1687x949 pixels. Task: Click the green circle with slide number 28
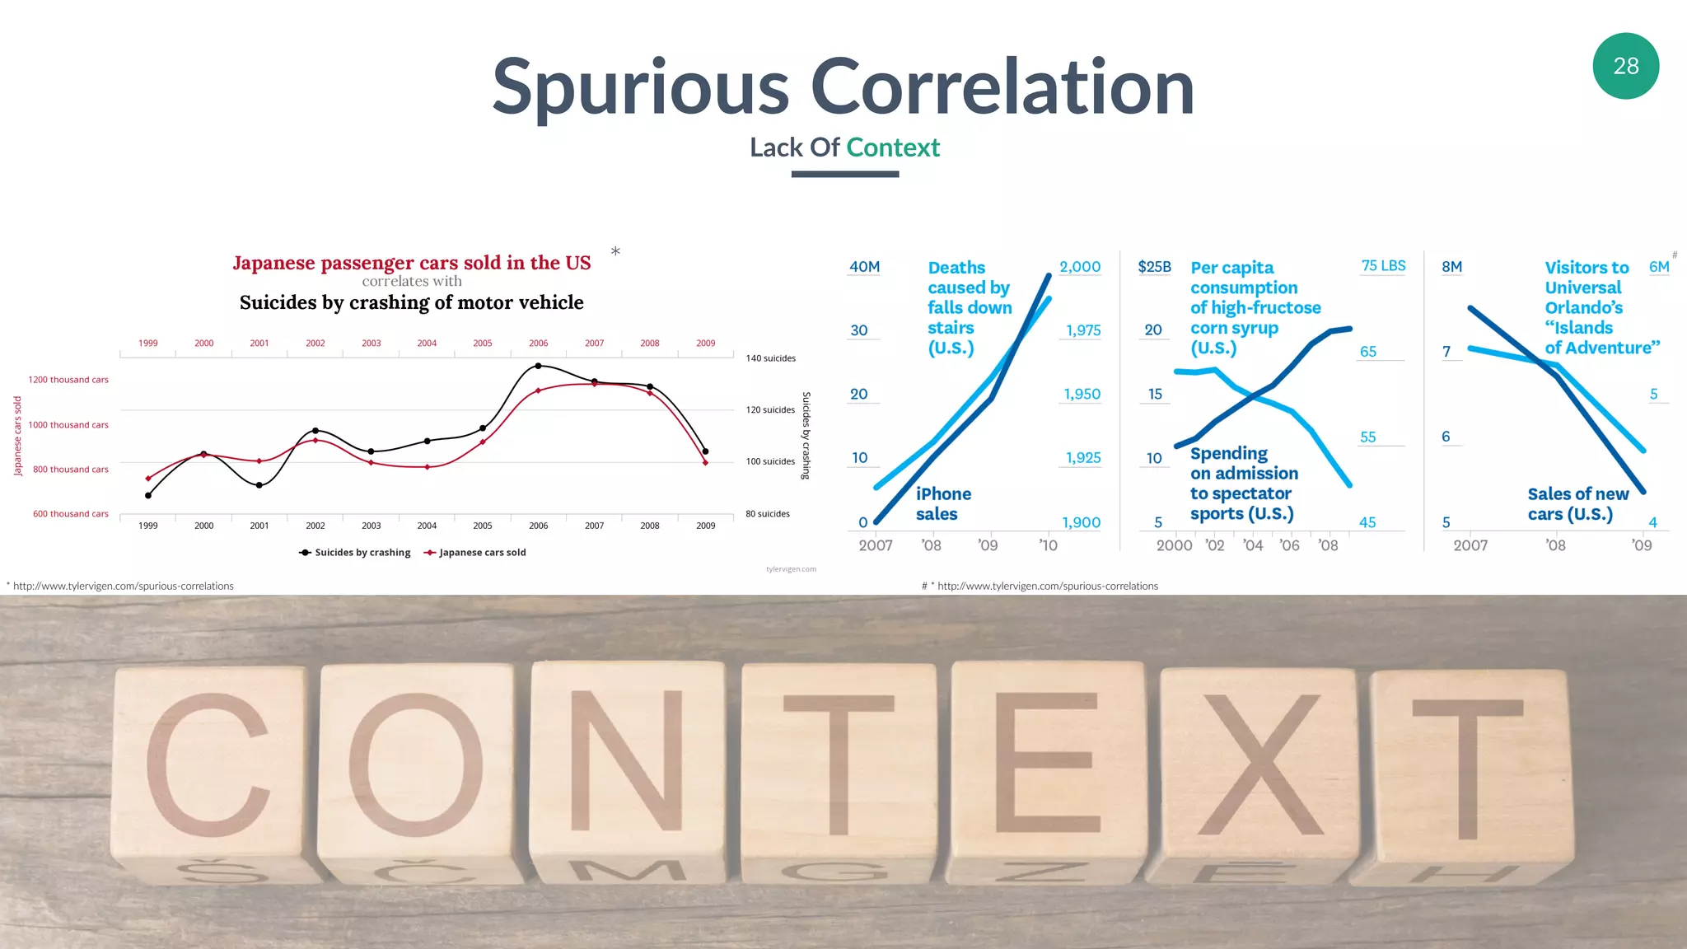pyautogui.click(x=1625, y=66)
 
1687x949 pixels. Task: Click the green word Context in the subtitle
pyautogui.click(x=892, y=147)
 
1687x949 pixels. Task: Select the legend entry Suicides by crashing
pyautogui.click(x=355, y=553)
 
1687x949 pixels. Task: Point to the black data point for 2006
pyautogui.click(x=538, y=366)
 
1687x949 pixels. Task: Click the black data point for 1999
pyautogui.click(x=148, y=495)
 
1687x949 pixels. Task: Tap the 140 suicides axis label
pyautogui.click(x=770, y=358)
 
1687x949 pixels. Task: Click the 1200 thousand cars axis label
pyautogui.click(x=68, y=380)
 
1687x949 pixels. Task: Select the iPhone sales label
pyautogui.click(x=943, y=503)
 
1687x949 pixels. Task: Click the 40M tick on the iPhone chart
pyautogui.click(x=864, y=267)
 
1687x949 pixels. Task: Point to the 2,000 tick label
pyautogui.click(x=1080, y=267)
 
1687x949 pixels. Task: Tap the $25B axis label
pyautogui.click(x=1154, y=267)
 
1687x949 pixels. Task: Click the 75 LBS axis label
pyautogui.click(x=1383, y=266)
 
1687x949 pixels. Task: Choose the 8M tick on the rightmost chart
pyautogui.click(x=1451, y=267)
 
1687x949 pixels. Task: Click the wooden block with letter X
pyautogui.click(x=1258, y=766)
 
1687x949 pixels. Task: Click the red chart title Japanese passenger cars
pyautogui.click(x=411, y=263)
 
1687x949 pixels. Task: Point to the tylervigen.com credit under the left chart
pyautogui.click(x=791, y=569)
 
